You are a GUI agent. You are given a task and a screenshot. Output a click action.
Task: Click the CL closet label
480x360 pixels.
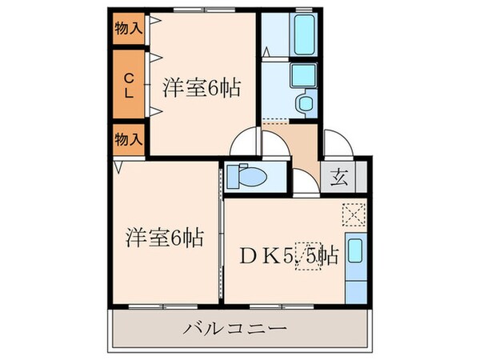pos(127,84)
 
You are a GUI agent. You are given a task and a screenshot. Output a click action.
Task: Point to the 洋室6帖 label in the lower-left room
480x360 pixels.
pos(164,237)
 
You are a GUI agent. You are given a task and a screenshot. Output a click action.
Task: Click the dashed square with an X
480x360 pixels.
pos(353,214)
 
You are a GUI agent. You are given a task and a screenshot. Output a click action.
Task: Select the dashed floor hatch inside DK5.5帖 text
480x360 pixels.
pos(309,256)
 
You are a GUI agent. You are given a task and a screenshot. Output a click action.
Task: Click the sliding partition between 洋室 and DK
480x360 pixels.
pos(221,232)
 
